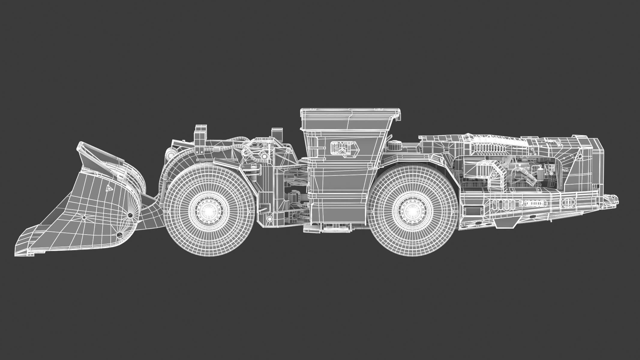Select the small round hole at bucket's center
tap(84, 217)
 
